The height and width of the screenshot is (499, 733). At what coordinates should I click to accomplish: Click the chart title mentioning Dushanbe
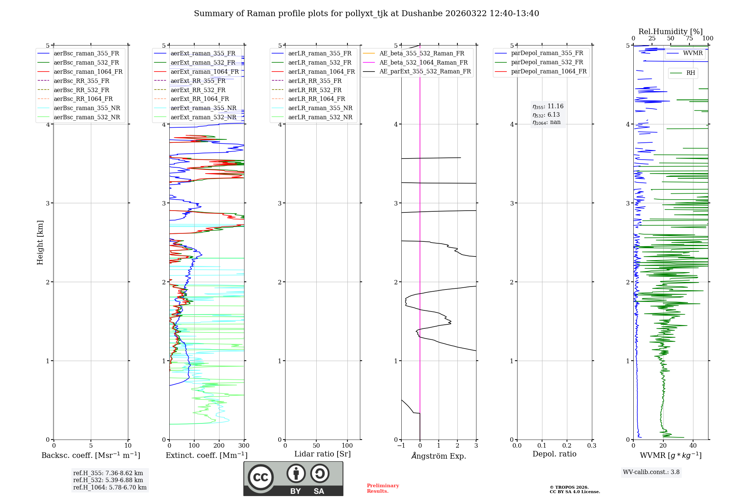click(366, 14)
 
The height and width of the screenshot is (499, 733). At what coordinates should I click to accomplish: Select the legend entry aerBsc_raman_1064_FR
click(88, 72)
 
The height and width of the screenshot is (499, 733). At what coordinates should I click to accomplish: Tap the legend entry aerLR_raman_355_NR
click(320, 108)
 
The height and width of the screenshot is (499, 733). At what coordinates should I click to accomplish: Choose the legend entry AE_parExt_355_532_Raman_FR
click(425, 71)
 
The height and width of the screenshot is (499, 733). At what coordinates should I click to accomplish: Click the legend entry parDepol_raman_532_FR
click(547, 62)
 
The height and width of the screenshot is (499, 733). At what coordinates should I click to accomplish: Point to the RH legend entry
click(690, 73)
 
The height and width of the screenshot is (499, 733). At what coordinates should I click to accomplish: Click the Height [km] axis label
click(40, 243)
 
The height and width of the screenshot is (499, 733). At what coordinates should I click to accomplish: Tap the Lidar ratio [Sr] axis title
click(323, 454)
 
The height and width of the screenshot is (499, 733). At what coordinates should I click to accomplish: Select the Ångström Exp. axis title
click(439, 456)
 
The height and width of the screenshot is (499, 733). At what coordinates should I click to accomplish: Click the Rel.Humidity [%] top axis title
click(670, 32)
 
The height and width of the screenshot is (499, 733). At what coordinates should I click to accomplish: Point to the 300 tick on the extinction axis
click(244, 446)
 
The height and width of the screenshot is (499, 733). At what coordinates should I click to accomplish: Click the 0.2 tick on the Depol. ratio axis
click(567, 446)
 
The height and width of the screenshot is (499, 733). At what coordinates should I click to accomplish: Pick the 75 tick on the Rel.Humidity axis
click(689, 39)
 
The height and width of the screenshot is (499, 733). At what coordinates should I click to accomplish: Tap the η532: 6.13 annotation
click(546, 115)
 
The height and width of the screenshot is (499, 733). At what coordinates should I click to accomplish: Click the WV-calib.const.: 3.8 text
click(651, 472)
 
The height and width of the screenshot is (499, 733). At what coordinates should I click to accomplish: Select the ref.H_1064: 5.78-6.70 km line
click(110, 488)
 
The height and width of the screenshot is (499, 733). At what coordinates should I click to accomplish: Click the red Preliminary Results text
click(383, 488)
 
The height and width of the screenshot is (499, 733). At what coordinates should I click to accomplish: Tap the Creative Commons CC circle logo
click(261, 477)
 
